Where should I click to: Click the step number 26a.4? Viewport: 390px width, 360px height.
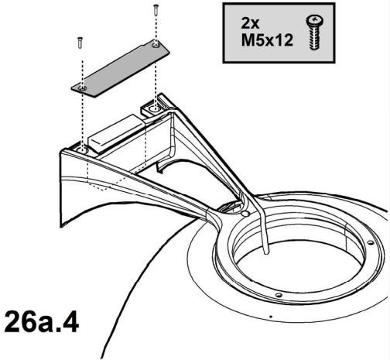pos(42,322)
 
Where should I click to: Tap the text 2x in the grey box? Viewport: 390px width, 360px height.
pos(250,23)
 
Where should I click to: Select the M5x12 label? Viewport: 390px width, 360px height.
pos(267,40)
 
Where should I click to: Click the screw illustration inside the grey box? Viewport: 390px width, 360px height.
pos(315,33)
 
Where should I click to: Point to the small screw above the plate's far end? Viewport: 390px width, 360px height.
pos(156,9)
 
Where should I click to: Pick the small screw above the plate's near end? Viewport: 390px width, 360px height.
pos(80,43)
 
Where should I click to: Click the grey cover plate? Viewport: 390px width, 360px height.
pos(120,69)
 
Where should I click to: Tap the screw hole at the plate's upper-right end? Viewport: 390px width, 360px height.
pos(156,46)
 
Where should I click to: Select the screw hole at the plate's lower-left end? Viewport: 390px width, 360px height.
pos(82,89)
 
